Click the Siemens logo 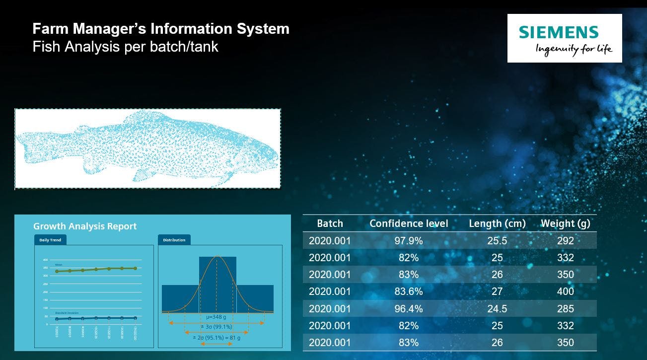[x=564, y=38]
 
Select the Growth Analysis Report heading [x=85, y=226]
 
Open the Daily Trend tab [x=50, y=240]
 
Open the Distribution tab [x=174, y=240]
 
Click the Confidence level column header [x=409, y=223]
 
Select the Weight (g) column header [x=565, y=223]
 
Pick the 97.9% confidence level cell [x=409, y=241]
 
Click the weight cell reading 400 [x=565, y=291]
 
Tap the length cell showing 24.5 [x=497, y=309]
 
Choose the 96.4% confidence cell [x=409, y=309]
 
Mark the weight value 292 [x=565, y=241]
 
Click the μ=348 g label [x=216, y=316]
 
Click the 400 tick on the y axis [x=45, y=260]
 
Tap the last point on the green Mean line [x=135, y=268]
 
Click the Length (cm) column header [x=497, y=223]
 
